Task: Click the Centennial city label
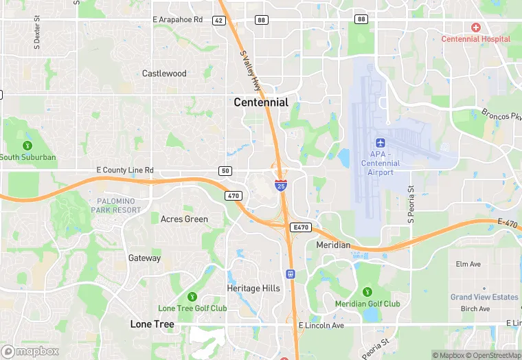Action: coord(261,102)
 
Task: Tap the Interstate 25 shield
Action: coord(281,185)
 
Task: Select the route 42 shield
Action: coord(218,21)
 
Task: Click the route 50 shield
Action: coord(226,170)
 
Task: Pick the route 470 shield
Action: coord(233,196)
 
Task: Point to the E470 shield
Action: coord(299,227)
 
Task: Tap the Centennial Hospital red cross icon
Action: coord(475,27)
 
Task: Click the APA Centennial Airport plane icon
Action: coord(381,143)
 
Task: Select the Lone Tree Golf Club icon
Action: coord(192,296)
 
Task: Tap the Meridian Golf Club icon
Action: coord(367,291)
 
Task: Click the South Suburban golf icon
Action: coord(27,145)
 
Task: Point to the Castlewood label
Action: coord(164,74)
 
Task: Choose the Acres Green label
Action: coord(184,219)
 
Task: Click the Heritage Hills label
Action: coord(253,289)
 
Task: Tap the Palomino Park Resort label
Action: coord(113,205)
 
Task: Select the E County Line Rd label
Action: coord(125,170)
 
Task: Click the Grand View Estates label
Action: coord(484,297)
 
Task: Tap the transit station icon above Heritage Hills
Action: coord(291,273)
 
